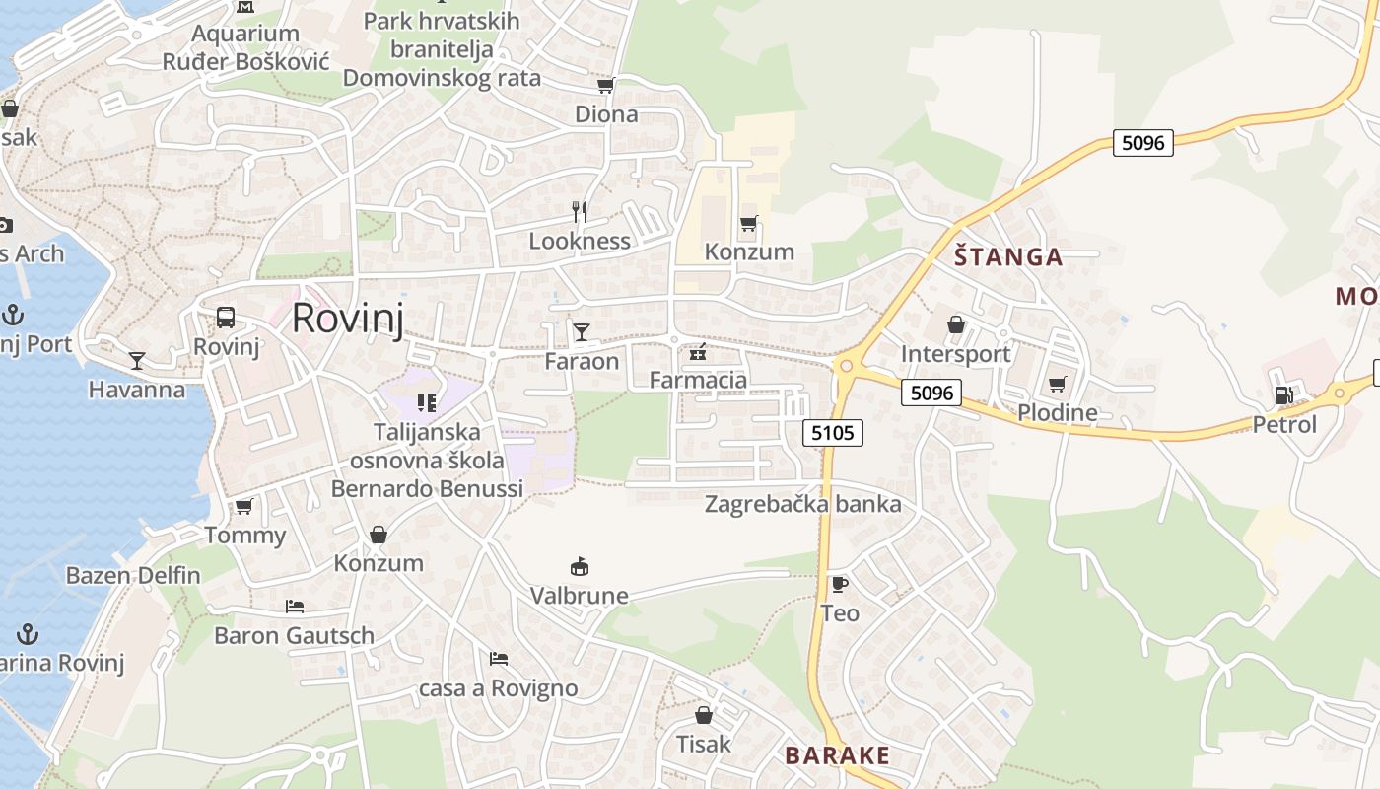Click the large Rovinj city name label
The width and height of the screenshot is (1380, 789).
[348, 319]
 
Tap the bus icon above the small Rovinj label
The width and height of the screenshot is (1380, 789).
[226, 318]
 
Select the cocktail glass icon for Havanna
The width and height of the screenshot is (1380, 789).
[137, 361]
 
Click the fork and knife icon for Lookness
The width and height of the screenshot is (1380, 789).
[580, 211]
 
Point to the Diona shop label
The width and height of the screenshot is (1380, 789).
[606, 114]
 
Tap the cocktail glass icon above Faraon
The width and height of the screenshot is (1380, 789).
[582, 331]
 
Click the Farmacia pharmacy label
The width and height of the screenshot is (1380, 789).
[698, 380]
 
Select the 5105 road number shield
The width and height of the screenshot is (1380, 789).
[833, 432]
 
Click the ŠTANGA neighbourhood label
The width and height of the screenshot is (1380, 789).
[1008, 257]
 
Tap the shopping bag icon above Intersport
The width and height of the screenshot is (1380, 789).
[955, 324]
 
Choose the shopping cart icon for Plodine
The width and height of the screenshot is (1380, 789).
[1058, 384]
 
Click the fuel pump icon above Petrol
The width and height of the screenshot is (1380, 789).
[1283, 395]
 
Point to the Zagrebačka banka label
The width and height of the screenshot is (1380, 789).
[802, 505]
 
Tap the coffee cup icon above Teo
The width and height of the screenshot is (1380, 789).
[839, 584]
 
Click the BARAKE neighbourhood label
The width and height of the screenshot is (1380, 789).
[837, 755]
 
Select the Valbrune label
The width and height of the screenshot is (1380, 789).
[580, 596]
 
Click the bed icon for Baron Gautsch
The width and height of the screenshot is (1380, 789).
[295, 606]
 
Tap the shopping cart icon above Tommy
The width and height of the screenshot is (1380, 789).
[243, 507]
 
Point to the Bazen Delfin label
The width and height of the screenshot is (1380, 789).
[133, 575]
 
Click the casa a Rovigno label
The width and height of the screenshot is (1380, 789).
[499, 688]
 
